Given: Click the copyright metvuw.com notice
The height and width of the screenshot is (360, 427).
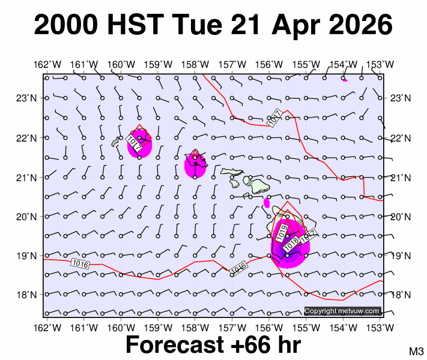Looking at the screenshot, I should pyautogui.click(x=342, y=311).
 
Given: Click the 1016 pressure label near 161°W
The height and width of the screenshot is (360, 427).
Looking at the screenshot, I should pyautogui.click(x=80, y=263).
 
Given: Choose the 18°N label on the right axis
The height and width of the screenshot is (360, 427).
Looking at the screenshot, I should pyautogui.click(x=399, y=295).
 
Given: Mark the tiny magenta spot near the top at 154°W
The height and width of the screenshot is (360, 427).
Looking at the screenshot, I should pyautogui.click(x=345, y=80).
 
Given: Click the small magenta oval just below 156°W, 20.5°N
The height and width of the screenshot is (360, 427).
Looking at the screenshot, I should pyautogui.click(x=267, y=203).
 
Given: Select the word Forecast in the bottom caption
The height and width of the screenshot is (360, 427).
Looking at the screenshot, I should pyautogui.click(x=171, y=345).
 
